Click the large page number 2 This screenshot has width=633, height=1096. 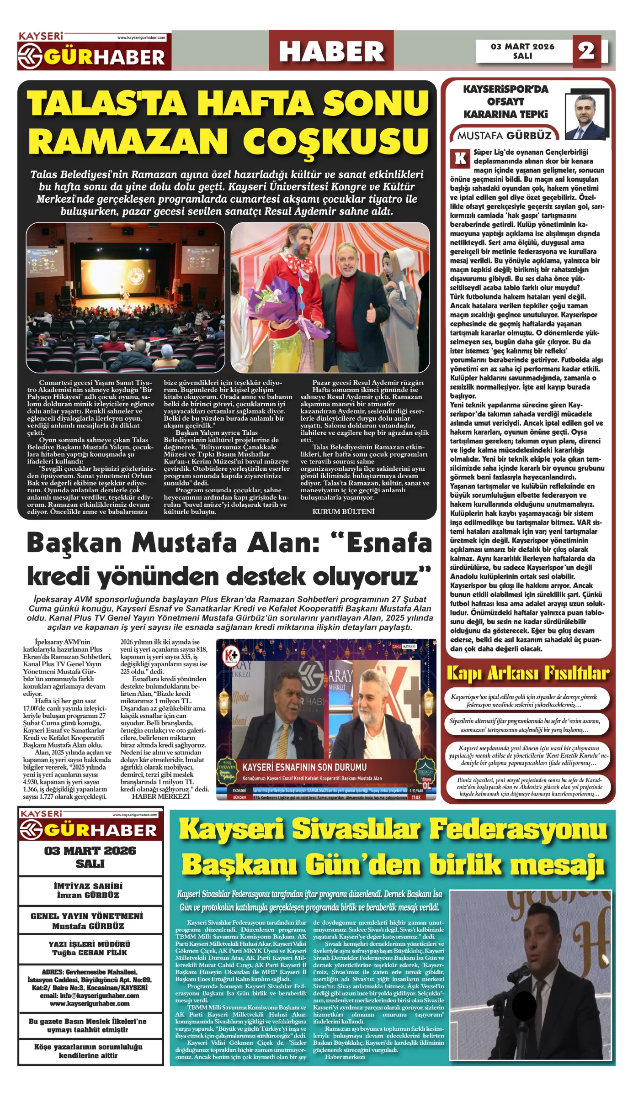pos(586,51)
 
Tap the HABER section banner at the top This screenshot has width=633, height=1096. pos(331,51)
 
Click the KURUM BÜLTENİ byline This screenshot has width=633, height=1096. pos(343,511)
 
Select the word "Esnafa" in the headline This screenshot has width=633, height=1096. pos(389,543)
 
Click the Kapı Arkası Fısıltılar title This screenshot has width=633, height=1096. pos(527,673)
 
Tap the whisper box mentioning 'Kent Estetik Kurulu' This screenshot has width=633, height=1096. pos(528,755)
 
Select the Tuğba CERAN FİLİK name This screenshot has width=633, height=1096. pos(90,953)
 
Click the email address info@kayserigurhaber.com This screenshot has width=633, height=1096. pos(90,996)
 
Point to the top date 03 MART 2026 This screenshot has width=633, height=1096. pos(522,47)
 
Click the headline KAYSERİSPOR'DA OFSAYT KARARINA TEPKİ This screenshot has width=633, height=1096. pos(505,102)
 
